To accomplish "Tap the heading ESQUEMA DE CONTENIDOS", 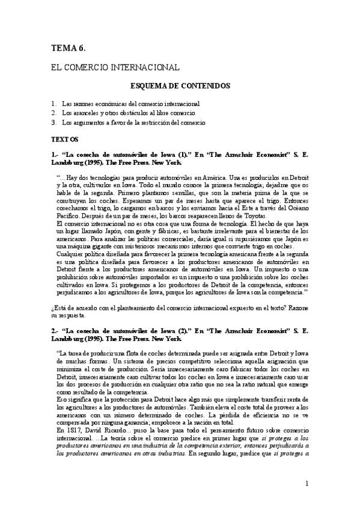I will point(180,86).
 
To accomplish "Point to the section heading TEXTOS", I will point(65,139).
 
